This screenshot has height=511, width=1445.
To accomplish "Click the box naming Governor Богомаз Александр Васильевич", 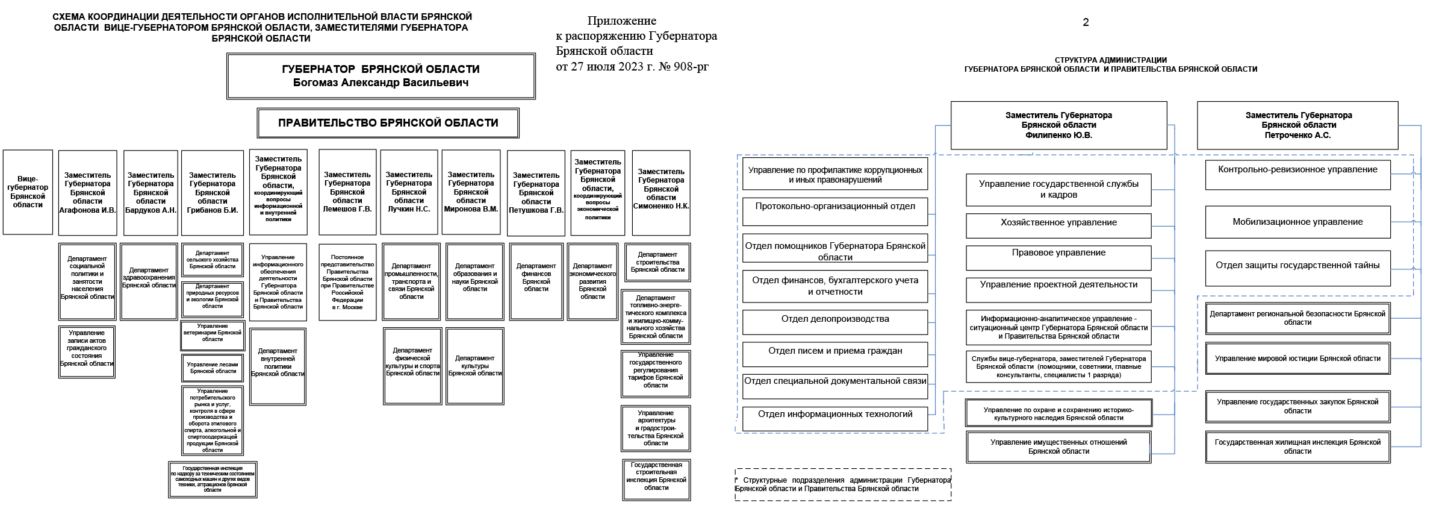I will tap(381, 76).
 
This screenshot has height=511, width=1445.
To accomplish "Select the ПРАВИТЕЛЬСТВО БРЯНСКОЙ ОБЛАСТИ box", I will tap(388, 123).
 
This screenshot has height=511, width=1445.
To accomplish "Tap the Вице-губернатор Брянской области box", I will tap(28, 192).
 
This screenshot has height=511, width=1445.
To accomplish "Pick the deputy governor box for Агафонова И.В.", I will tap(87, 193).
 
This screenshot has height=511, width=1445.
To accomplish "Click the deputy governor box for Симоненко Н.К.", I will tap(660, 193).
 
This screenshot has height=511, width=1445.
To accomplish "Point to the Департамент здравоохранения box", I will tap(149, 281).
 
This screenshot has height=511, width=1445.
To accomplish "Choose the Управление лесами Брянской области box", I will tap(213, 368).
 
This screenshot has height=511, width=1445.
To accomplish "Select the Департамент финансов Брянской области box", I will tap(536, 281).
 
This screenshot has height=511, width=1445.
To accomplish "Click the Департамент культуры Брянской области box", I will tap(474, 366).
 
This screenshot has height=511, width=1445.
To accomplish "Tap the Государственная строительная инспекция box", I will tap(656, 480).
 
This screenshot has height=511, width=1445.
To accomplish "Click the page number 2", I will tap(1086, 22).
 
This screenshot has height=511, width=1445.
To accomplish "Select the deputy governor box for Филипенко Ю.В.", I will tap(1058, 125).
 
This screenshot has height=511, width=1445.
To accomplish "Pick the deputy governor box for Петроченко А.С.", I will tap(1297, 125).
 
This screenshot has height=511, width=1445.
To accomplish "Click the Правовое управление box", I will tap(1058, 257).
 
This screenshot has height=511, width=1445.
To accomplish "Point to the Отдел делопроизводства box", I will tap(834, 322).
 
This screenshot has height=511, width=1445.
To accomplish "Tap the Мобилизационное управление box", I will tap(1297, 222).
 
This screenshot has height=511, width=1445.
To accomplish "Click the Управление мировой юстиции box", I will tap(1297, 359).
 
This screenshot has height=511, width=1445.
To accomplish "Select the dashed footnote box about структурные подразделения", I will tap(842, 484).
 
